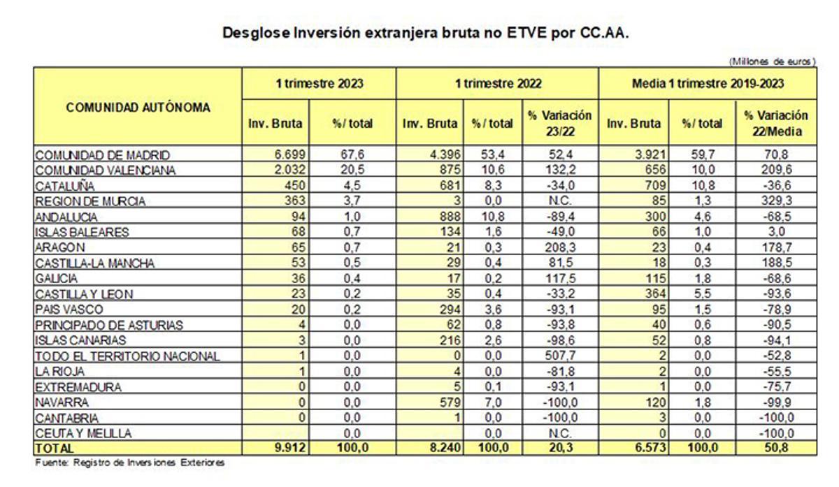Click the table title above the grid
coord(426,33)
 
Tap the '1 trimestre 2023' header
coord(319,83)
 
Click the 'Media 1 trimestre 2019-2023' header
coord(708,83)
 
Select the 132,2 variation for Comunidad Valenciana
coord(561,170)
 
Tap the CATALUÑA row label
coord(66,186)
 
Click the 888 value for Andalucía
coord(450,217)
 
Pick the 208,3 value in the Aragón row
coord(561,247)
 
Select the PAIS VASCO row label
coord(69,309)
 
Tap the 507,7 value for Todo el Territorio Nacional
coord(561,356)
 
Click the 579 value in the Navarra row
coord(450,402)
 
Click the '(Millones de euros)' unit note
coord(772,61)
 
